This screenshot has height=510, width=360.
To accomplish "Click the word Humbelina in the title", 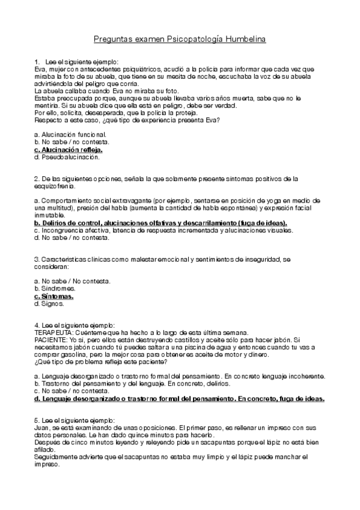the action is [243, 39].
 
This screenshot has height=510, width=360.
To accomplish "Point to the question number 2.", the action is [37, 179].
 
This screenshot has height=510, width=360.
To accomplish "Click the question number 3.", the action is [37, 259].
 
